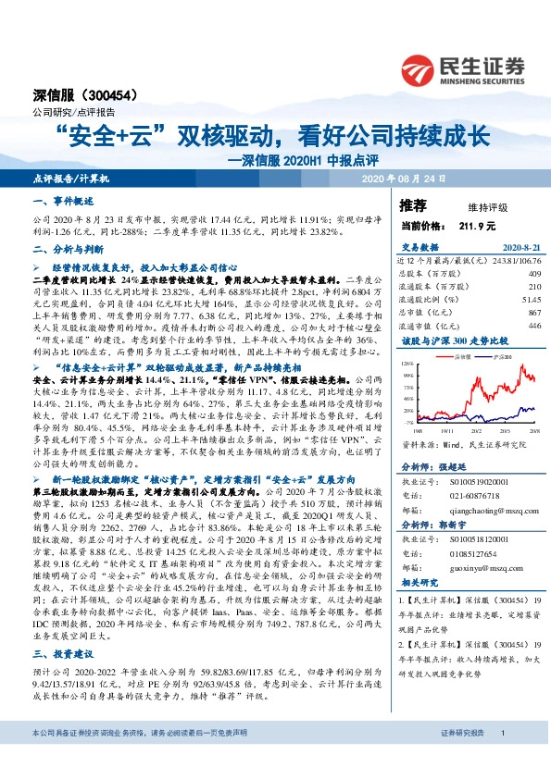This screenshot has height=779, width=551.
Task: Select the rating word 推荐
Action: (x=413, y=204)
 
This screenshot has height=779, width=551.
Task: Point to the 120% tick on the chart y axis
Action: (x=408, y=365)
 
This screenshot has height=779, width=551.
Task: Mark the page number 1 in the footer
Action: (x=501, y=759)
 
